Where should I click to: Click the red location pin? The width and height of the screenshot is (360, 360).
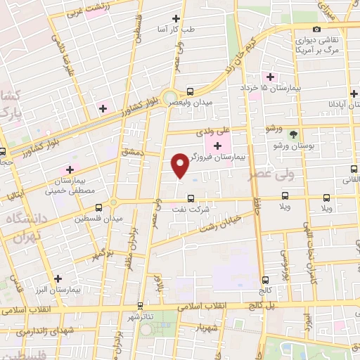[180, 165]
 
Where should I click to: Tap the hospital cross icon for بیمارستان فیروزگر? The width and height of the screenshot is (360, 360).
[217, 146]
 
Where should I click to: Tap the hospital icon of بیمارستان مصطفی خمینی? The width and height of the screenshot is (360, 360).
[70, 170]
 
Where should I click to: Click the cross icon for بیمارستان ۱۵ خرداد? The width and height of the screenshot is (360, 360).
[269, 77]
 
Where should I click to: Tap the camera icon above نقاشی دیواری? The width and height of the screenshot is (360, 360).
[317, 29]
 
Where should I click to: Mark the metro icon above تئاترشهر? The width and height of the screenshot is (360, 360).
[141, 306]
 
